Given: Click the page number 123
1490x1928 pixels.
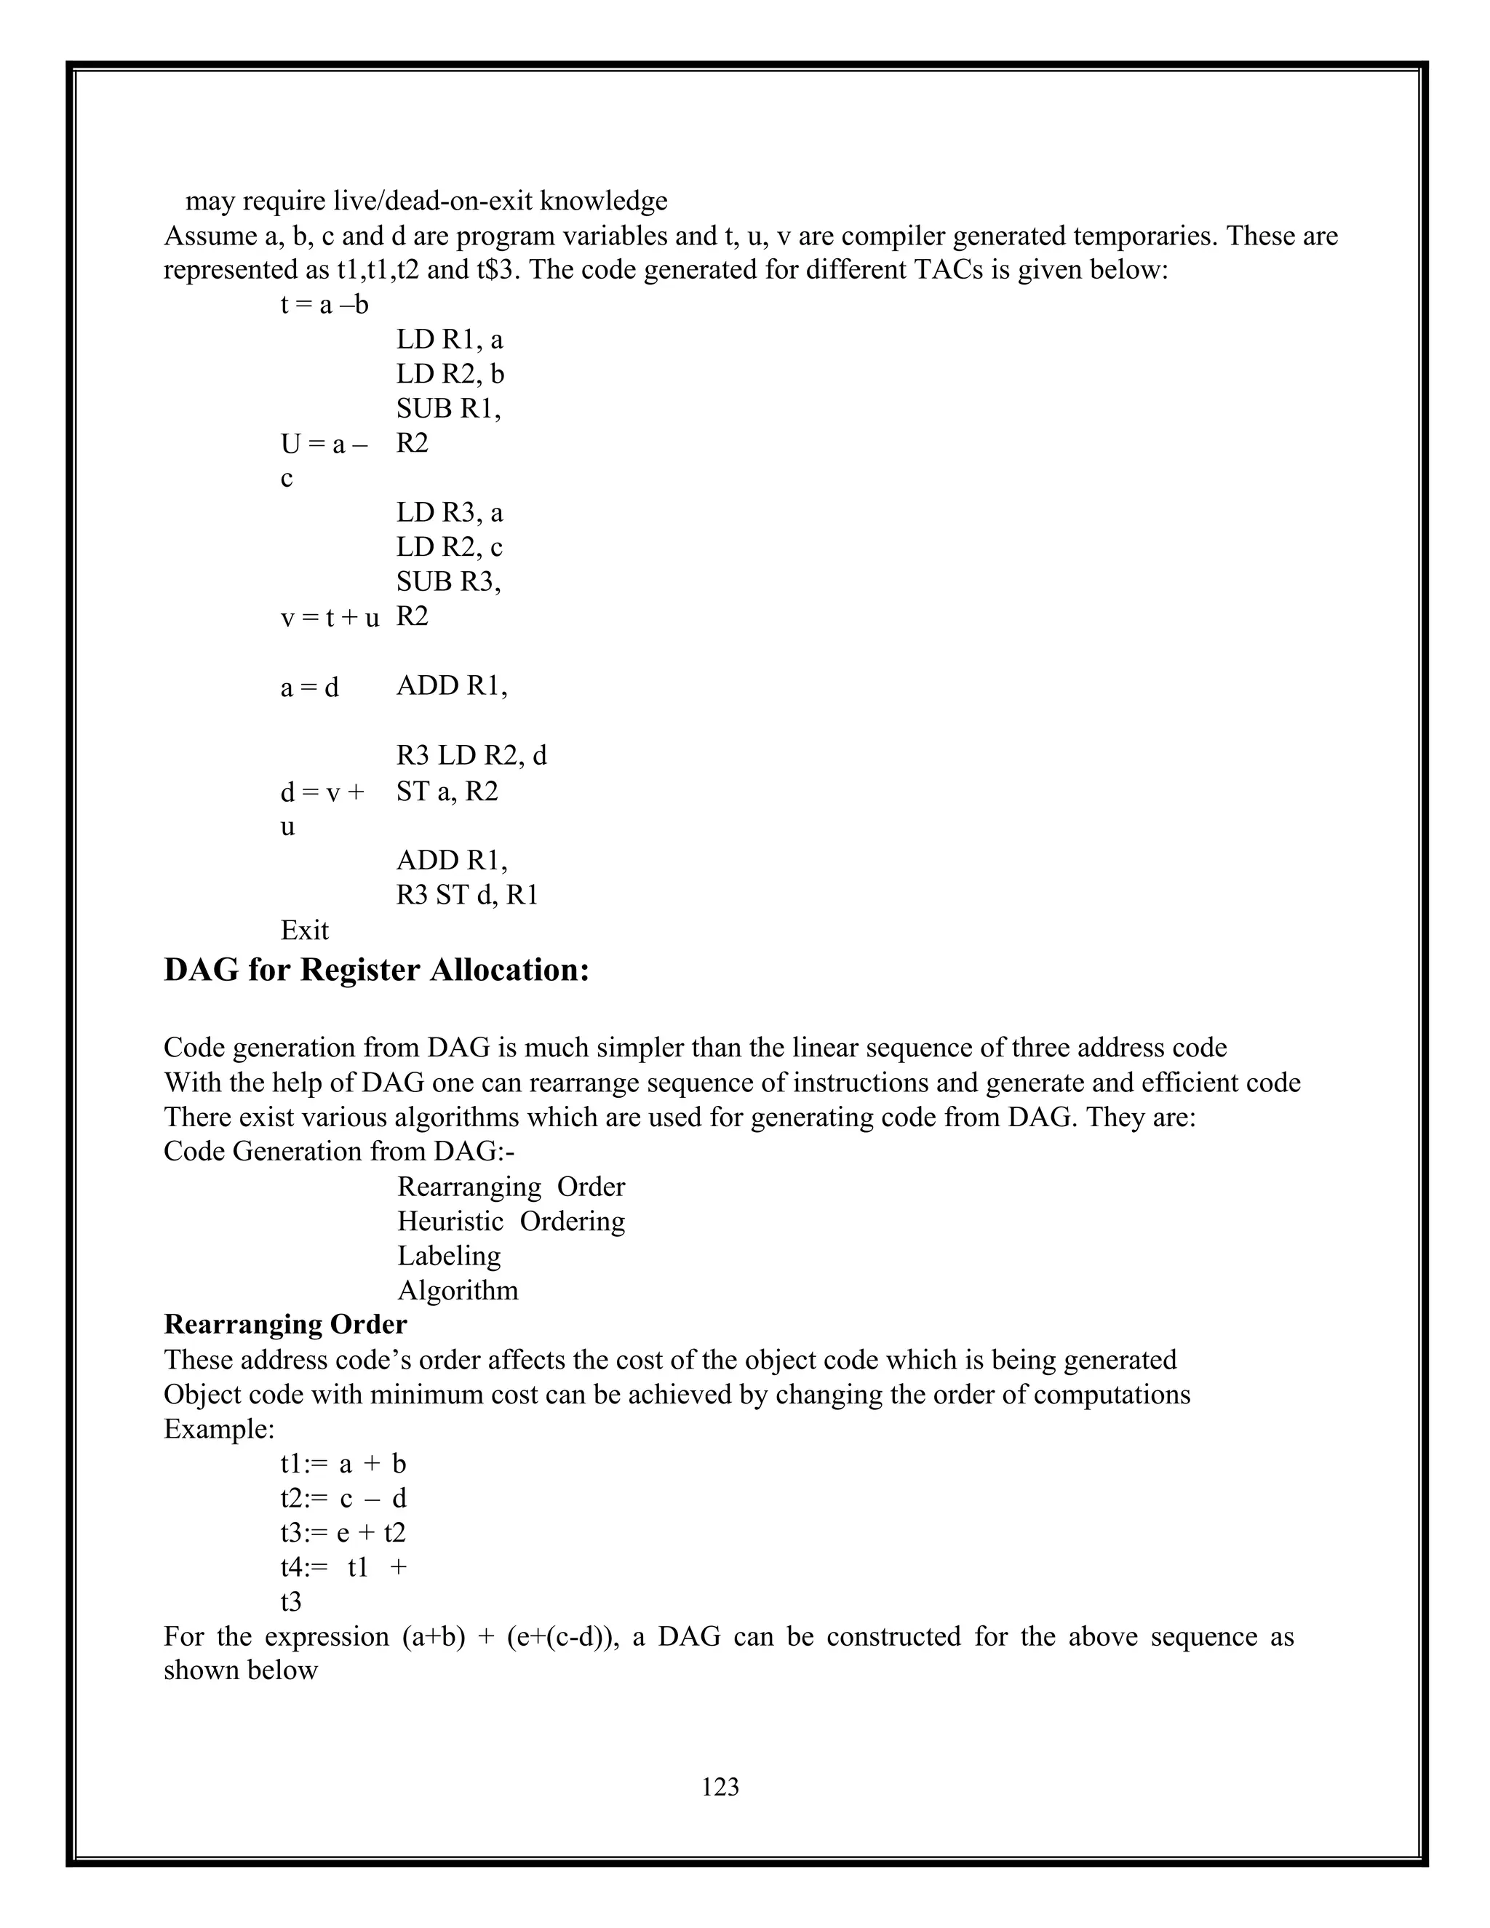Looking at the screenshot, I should point(720,1787).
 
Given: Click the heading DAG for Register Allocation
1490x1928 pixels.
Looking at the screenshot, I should point(376,969).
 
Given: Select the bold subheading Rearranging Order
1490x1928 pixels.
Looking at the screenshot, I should point(285,1324).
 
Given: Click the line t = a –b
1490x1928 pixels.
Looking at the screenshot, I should point(324,306).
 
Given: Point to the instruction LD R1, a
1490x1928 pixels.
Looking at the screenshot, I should point(450,340).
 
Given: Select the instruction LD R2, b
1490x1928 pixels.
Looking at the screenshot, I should point(450,374).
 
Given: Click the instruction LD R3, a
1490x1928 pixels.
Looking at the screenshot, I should point(450,513).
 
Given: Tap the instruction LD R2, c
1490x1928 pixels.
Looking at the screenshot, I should point(450,547).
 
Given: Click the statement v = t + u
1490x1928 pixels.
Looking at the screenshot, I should point(330,618).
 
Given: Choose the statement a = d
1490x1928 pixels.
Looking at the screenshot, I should point(309,687).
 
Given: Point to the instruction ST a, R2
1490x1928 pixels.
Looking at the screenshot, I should point(447,791).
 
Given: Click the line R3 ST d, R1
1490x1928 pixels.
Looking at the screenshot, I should point(467,895).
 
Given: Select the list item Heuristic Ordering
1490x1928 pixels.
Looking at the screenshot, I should point(510,1221).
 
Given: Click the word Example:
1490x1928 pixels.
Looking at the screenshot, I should point(219,1428).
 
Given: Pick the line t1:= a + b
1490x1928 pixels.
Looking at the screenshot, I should point(343,1464).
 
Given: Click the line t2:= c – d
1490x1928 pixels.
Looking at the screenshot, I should point(343,1498).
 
